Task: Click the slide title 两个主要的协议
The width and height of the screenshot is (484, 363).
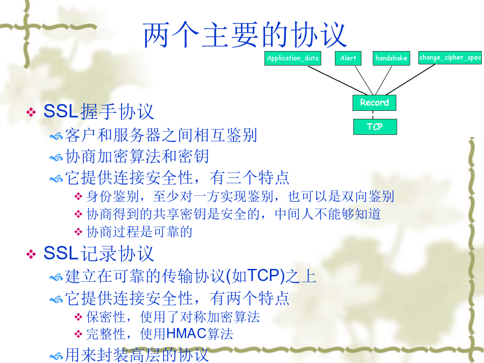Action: pyautogui.click(x=245, y=34)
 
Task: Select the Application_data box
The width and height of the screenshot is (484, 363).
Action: pyautogui.click(x=293, y=58)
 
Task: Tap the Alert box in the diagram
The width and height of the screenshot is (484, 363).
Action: pyautogui.click(x=348, y=58)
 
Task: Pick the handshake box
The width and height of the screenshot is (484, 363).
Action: pyautogui.click(x=392, y=58)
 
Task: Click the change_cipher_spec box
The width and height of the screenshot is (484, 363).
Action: pyautogui.click(x=450, y=58)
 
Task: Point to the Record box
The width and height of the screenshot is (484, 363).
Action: pyautogui.click(x=374, y=103)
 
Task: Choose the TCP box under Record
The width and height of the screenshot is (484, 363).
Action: pyautogui.click(x=375, y=126)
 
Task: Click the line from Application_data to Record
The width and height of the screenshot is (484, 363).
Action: pyautogui.click(x=338, y=80)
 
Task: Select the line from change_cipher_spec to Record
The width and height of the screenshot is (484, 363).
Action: pyautogui.click(x=410, y=80)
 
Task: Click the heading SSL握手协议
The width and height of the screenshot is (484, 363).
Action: pyautogui.click(x=99, y=111)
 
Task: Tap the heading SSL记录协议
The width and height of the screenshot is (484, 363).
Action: pyautogui.click(x=99, y=253)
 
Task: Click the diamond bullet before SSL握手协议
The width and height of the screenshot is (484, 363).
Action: pyautogui.click(x=31, y=112)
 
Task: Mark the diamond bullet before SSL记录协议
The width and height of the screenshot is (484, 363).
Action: pyautogui.click(x=31, y=254)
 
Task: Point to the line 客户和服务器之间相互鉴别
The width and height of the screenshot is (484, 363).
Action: pyautogui.click(x=161, y=135)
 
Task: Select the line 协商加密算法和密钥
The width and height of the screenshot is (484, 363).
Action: pyautogui.click(x=137, y=156)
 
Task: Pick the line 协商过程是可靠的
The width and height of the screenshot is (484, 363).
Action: pyautogui.click(x=139, y=232)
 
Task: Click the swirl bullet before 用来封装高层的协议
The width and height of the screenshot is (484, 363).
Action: pyautogui.click(x=56, y=356)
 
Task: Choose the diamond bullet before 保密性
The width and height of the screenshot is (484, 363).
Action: pyautogui.click(x=79, y=317)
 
